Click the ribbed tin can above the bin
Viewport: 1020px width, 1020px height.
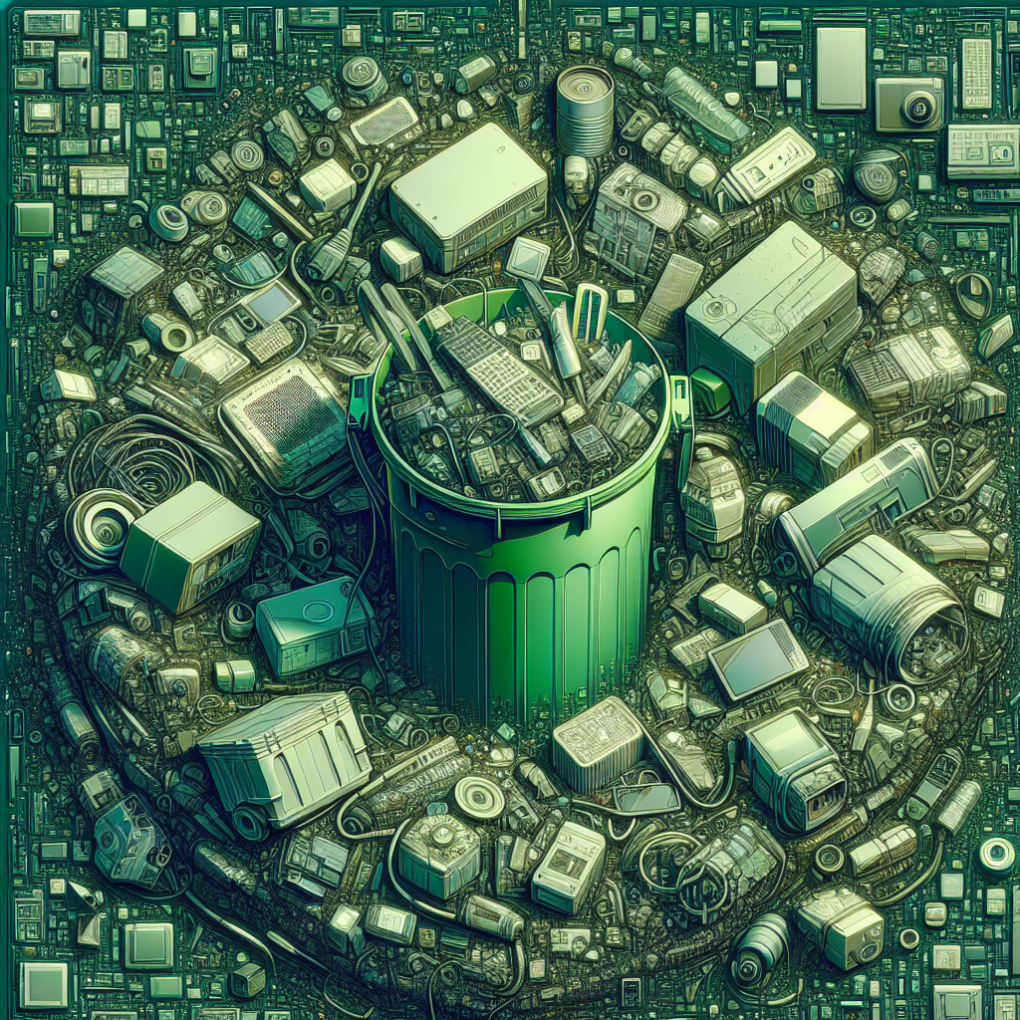point(584,111)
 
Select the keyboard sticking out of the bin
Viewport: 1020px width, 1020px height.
point(498,370)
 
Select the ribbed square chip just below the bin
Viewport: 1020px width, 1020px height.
point(598,742)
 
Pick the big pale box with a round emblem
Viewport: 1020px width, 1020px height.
point(772,299)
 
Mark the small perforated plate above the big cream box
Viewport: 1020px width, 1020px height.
point(384,123)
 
